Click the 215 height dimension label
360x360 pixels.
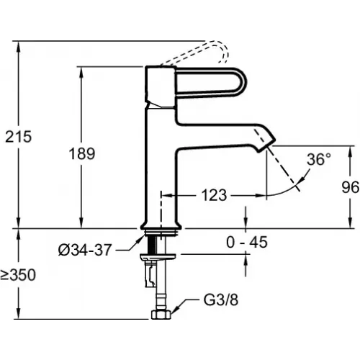coord(19,137)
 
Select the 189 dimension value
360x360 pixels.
coord(82,153)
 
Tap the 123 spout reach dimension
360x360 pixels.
coord(214,195)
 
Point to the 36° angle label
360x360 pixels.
coord(319,159)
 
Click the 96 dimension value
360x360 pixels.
coord(351,187)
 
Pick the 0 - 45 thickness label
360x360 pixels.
coord(247,242)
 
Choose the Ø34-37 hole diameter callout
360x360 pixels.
coord(85,250)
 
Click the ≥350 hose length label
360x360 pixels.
coord(18,275)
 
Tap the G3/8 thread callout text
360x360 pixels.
coord(221,300)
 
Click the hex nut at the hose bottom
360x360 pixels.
coord(161,315)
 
